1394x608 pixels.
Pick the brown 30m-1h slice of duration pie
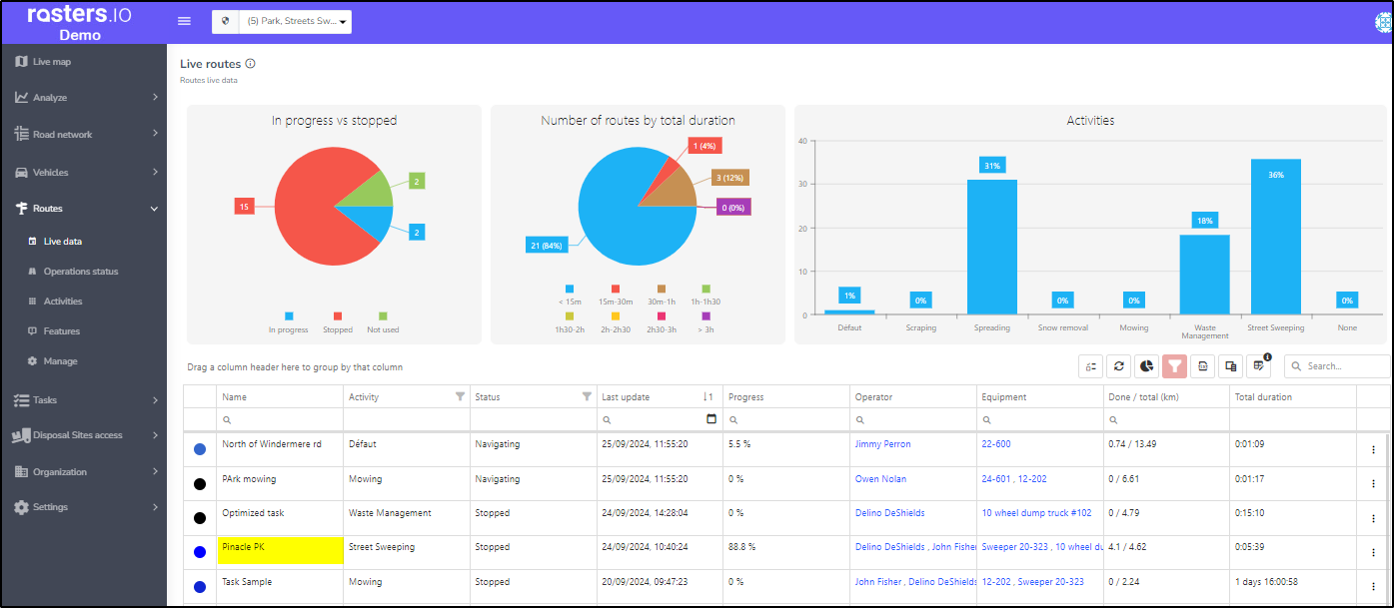click(x=674, y=191)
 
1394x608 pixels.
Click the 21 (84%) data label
click(x=547, y=246)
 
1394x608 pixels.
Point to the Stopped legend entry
click(x=338, y=322)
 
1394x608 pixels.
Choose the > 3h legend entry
click(x=705, y=322)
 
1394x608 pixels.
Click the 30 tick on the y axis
click(x=802, y=184)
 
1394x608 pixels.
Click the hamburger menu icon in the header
click(x=184, y=21)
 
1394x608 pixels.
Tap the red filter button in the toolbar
click(x=1174, y=366)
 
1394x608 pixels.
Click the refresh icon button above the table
click(x=1118, y=366)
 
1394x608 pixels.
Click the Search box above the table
click(x=1337, y=366)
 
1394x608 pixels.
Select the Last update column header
click(x=626, y=396)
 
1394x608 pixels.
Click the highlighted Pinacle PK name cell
click(x=280, y=550)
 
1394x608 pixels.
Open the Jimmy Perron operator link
click(x=882, y=444)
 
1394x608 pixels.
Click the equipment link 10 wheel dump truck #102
click(x=1037, y=513)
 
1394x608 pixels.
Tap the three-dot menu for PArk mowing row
click(x=1373, y=483)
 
